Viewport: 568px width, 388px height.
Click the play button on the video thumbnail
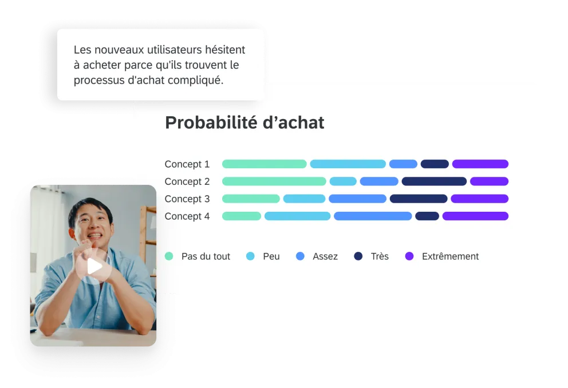click(95, 266)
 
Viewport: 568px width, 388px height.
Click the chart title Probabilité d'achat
click(244, 122)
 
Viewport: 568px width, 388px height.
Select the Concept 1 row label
click(187, 164)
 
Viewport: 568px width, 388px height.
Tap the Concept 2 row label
click(187, 181)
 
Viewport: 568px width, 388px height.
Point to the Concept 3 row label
click(187, 199)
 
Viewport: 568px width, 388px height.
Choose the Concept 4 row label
click(187, 216)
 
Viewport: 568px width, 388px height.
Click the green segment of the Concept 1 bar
click(264, 164)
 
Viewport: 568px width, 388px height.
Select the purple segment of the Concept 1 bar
click(480, 164)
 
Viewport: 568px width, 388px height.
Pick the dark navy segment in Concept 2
click(434, 181)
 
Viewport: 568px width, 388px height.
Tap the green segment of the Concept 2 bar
click(274, 181)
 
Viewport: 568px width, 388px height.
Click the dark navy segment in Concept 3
click(419, 199)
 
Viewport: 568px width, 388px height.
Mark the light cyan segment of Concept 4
click(297, 216)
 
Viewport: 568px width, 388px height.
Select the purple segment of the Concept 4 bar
click(475, 216)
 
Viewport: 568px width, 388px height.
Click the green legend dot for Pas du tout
click(169, 256)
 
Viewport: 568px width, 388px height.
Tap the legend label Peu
click(271, 256)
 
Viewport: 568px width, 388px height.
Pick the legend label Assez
click(325, 256)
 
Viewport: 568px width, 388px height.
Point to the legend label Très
click(380, 256)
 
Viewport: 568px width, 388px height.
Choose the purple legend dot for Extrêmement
click(409, 256)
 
